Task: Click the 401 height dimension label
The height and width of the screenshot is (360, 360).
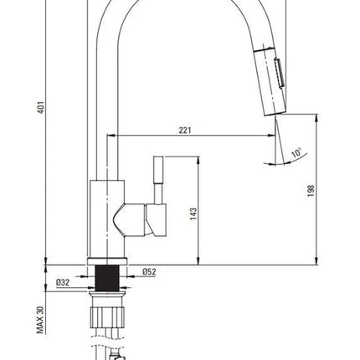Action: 41,107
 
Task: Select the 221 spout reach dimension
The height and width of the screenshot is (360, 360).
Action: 185,130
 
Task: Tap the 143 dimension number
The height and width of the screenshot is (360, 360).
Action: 193,213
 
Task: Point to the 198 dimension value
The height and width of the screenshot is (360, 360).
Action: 311,191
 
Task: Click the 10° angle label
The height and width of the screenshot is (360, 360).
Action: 296,152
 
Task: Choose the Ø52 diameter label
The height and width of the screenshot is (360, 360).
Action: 149,271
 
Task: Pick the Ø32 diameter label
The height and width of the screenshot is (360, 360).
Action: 63,282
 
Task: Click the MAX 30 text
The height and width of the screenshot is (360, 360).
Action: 40,320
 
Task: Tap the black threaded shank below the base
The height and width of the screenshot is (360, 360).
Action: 107,278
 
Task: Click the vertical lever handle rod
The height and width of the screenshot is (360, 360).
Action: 158,180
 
